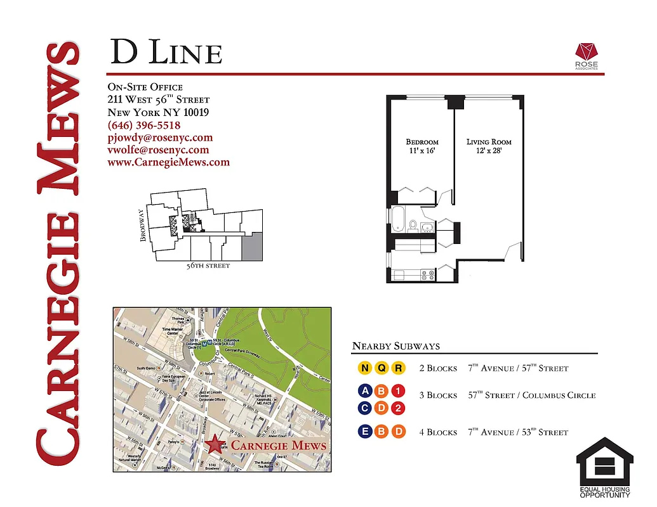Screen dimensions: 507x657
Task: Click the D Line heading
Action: (x=166, y=53)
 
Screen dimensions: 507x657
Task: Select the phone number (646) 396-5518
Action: (x=144, y=125)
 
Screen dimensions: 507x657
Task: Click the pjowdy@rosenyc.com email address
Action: (x=160, y=138)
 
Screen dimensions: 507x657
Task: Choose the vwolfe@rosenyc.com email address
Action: (x=158, y=150)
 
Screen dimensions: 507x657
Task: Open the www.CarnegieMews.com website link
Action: (x=168, y=162)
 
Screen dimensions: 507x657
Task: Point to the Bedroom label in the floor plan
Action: (x=422, y=142)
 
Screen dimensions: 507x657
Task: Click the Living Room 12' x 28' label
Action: (x=489, y=146)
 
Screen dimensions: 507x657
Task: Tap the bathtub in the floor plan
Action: (x=399, y=219)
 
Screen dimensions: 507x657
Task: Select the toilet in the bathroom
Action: (x=413, y=224)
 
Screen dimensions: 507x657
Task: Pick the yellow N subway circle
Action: (x=365, y=368)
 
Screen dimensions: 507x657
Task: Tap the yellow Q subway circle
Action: (x=382, y=368)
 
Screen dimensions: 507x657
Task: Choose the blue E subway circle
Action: (x=365, y=432)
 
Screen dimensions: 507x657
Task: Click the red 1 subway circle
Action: (x=398, y=391)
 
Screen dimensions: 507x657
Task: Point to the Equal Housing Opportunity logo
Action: (x=604, y=468)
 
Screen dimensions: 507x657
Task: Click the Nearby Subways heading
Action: (x=395, y=346)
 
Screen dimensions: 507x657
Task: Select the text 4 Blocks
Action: (x=438, y=432)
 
